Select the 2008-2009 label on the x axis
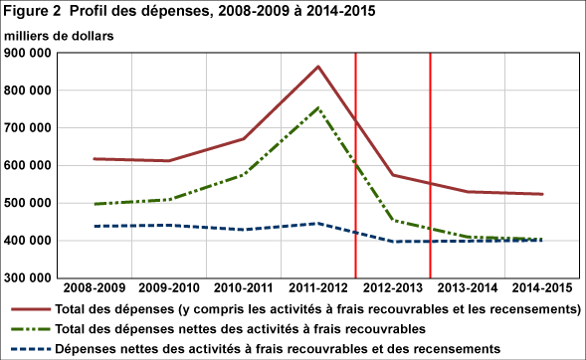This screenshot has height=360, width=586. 97,289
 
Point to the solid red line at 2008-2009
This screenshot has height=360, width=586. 97,159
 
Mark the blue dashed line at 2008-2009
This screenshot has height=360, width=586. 97,226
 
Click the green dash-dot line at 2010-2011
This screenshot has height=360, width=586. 244,174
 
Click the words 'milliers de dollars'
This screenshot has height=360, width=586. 59,35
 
